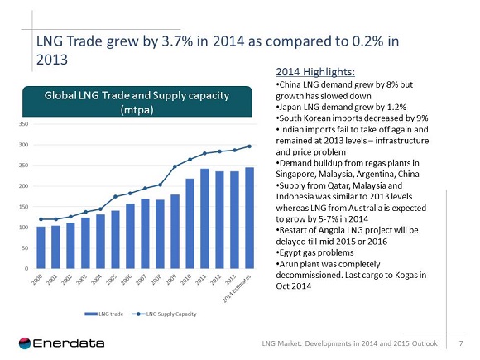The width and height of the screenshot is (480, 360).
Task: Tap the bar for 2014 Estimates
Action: click(x=249, y=218)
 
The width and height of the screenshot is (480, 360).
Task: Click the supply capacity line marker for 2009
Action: click(x=175, y=167)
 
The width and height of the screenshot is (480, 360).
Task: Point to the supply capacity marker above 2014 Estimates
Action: click(x=249, y=146)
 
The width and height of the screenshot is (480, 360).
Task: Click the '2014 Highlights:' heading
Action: click(x=309, y=71)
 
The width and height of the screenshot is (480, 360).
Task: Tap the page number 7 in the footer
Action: click(x=459, y=343)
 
